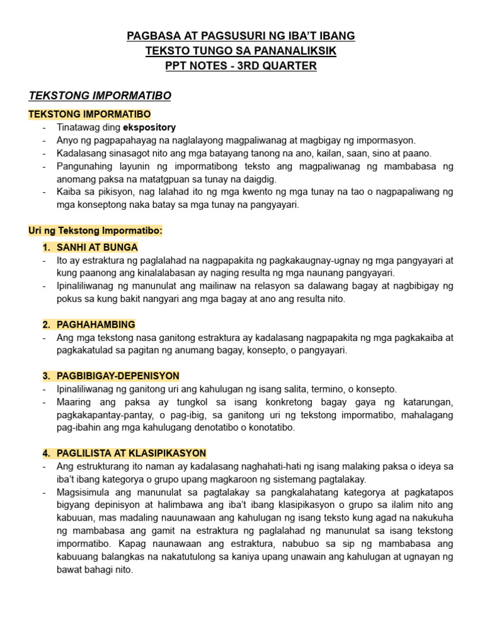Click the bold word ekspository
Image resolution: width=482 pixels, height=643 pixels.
tap(149, 127)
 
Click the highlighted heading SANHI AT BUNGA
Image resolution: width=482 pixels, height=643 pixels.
tap(97, 247)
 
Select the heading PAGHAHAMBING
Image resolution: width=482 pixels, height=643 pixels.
tap(95, 325)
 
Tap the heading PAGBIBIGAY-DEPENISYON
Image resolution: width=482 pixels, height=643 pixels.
tap(118, 376)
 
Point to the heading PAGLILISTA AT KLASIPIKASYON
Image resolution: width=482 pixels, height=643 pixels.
tap(131, 453)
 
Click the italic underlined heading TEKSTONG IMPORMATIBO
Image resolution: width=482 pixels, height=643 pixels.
tap(100, 95)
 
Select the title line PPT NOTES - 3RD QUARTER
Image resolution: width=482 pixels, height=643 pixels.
tap(241, 66)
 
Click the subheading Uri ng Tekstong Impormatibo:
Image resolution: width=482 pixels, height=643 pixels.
tap(95, 230)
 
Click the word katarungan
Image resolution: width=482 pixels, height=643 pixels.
tap(427, 402)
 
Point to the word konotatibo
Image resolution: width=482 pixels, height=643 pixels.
tap(270, 428)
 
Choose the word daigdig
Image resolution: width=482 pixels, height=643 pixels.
tap(259, 179)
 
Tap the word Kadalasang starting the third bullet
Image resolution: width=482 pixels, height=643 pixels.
tap(82, 153)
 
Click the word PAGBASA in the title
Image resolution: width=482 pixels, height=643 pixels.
tap(148, 36)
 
